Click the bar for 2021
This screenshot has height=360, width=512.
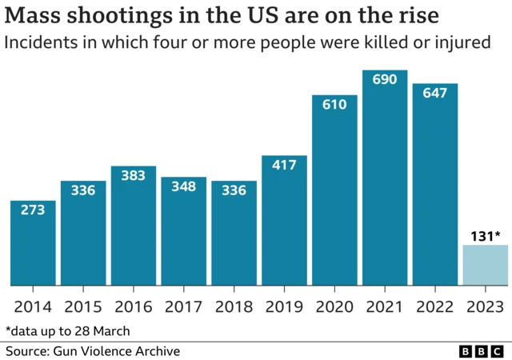[x=384, y=184]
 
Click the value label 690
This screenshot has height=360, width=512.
[x=384, y=82]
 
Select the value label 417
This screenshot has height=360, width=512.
[x=284, y=166]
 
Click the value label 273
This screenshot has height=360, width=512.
[x=33, y=210]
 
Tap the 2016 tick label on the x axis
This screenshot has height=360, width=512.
[x=134, y=307]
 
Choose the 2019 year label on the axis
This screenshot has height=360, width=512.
[x=284, y=307]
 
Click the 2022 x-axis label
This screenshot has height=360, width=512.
[x=434, y=307]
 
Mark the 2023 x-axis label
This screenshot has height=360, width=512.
[x=485, y=307]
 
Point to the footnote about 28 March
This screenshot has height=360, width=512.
[x=68, y=330]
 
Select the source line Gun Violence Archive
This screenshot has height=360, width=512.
[x=93, y=351]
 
